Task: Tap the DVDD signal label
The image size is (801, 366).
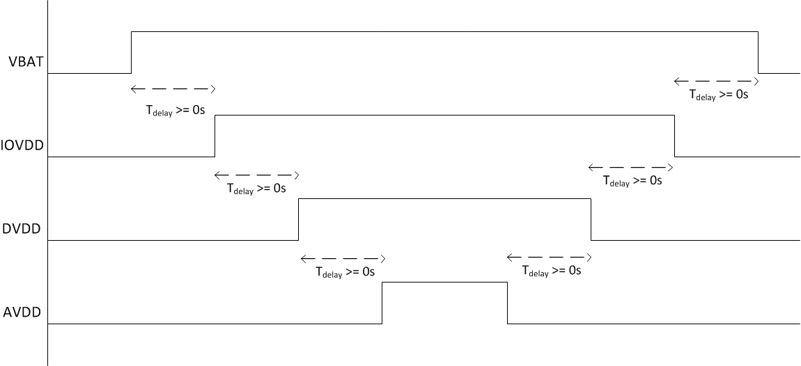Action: pyautogui.click(x=22, y=228)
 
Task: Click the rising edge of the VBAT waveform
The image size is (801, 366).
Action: pyautogui.click(x=131, y=52)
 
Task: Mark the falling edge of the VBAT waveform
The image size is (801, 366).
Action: pyautogui.click(x=759, y=52)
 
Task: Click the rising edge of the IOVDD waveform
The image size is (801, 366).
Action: pyautogui.click(x=215, y=136)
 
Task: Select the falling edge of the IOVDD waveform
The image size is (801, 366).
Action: pyautogui.click(x=675, y=136)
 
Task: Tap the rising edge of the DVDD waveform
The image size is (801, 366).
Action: pyautogui.click(x=298, y=219)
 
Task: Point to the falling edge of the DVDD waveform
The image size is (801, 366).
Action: pyautogui.click(x=591, y=219)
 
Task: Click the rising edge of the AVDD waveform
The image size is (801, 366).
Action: pyautogui.click(x=382, y=303)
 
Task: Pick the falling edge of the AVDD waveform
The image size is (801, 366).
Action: pyautogui.click(x=508, y=303)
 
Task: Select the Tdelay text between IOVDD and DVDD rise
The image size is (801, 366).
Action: pyautogui.click(x=256, y=188)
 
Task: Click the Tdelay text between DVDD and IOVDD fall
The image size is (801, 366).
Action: pyautogui.click(x=632, y=180)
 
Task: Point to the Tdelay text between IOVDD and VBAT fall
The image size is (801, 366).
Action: pyautogui.click(x=718, y=95)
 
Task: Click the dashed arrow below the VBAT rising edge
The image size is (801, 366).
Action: pyautogui.click(x=173, y=89)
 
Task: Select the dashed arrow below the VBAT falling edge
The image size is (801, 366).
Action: pyautogui.click(x=717, y=81)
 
